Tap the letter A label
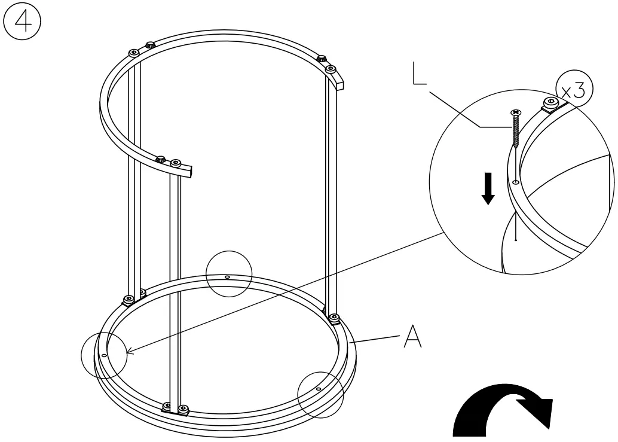click(x=412, y=337)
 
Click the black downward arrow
click(x=488, y=188)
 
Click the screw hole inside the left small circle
click(x=104, y=355)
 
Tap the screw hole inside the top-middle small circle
click(x=228, y=277)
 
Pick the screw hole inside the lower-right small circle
click(x=319, y=389)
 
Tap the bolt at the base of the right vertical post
click(x=334, y=317)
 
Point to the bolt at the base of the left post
click(x=128, y=299)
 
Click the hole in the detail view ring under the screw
click(x=515, y=181)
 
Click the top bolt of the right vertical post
click(x=331, y=69)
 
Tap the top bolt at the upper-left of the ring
click(x=133, y=53)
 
